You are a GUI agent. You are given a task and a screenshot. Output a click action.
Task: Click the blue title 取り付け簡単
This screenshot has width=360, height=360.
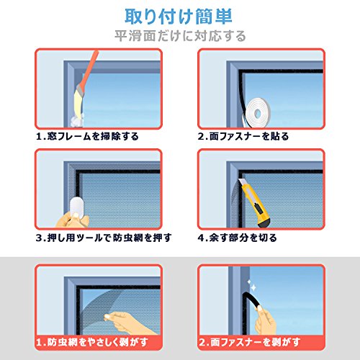(179, 17)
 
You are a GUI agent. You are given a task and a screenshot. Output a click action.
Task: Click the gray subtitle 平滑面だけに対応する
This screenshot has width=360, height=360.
(180, 36)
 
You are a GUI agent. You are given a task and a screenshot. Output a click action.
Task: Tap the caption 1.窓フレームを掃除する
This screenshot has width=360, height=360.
(87, 136)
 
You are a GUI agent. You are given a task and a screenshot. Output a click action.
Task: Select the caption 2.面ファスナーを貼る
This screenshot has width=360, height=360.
(243, 136)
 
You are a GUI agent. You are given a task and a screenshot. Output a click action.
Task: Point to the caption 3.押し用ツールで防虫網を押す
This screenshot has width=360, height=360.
(104, 238)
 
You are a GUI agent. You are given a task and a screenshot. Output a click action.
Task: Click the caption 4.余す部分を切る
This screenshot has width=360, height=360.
(238, 238)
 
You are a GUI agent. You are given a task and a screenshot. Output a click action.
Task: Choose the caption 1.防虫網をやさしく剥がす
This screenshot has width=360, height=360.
(92, 342)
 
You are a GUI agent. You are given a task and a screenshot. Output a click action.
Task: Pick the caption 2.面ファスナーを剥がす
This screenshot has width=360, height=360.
(250, 342)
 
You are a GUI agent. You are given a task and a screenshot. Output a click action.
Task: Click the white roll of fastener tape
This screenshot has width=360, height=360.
(257, 112)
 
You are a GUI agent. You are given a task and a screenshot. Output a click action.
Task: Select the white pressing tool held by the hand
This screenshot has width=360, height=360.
(76, 208)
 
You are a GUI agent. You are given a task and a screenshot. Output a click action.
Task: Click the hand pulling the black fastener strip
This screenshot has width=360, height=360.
(266, 321)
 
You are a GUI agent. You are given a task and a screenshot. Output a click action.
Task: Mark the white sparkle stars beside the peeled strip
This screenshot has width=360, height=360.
(251, 285)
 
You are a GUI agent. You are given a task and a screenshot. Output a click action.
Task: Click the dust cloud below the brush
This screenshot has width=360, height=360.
(77, 120)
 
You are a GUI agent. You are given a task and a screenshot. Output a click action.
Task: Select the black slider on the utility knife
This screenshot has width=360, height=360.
(258, 208)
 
